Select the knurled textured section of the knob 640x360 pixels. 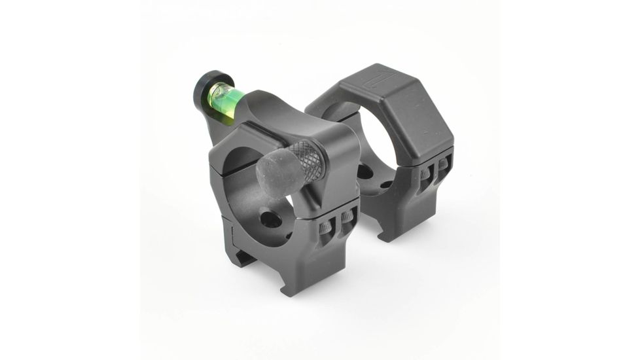coord(306,159)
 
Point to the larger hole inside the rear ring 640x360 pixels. coord(365,171)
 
